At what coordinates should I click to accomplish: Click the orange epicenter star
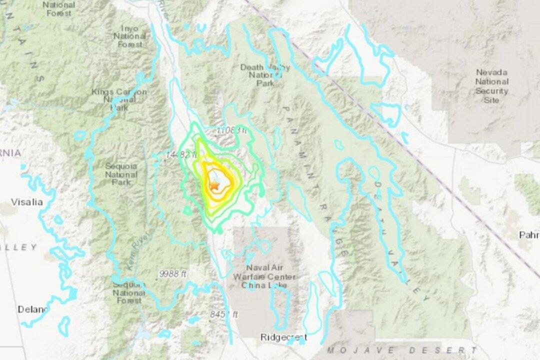214,185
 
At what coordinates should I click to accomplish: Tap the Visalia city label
27,202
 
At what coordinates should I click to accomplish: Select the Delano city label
33,309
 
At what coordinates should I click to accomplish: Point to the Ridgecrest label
283,337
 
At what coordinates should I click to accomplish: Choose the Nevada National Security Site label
491,86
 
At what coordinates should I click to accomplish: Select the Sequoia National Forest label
128,292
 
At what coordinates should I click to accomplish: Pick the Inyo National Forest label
130,36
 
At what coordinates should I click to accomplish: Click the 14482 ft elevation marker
178,155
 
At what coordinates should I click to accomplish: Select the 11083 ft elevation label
231,130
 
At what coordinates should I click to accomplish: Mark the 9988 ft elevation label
173,273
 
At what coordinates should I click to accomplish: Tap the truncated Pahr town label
528,235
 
